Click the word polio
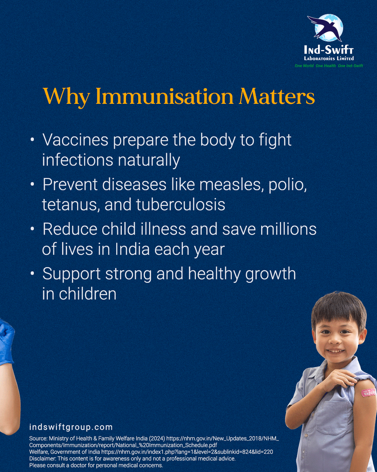pos(288,185)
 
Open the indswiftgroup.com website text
pos(71,427)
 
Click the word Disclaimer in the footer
pos(43,459)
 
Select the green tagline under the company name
pos(329,66)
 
